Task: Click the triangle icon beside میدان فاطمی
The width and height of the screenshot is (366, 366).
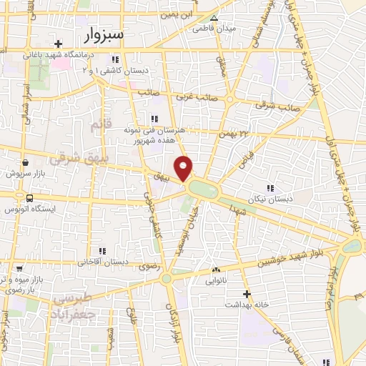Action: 214,19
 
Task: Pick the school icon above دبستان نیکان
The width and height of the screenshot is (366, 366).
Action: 269,187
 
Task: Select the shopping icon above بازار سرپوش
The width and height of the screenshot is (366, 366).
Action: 25,162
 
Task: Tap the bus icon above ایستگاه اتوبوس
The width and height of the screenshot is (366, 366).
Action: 29,198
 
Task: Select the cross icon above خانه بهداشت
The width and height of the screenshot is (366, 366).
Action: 247,294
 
